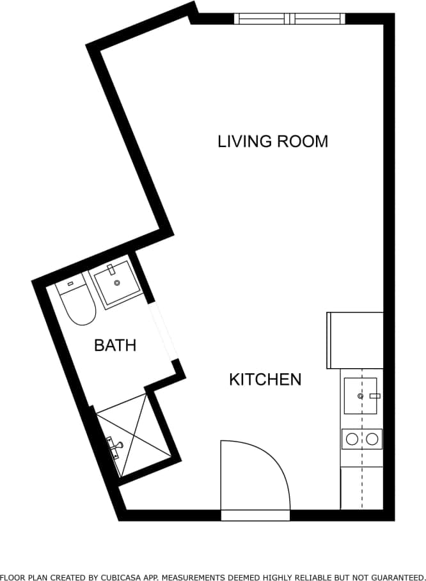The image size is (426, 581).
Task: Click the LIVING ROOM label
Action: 272,141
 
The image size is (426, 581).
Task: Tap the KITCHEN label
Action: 265,380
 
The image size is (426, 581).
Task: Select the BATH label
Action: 115,346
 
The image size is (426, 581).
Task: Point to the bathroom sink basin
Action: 116,285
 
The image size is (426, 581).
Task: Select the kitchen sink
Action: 360,396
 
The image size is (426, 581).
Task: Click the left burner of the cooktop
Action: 351,439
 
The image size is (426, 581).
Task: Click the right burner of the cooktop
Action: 372,439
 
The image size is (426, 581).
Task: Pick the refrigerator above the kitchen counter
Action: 355,340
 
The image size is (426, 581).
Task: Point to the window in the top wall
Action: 290,19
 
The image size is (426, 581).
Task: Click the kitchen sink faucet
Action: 374,396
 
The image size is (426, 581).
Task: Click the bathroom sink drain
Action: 116,282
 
